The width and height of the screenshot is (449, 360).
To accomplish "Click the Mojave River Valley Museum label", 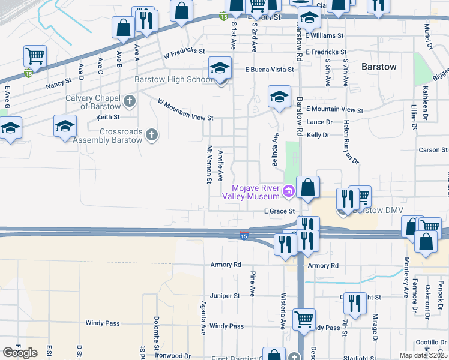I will click(251, 191).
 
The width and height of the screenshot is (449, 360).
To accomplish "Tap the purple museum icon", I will click(289, 192).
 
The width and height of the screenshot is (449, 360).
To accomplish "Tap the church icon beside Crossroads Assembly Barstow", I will click(152, 135).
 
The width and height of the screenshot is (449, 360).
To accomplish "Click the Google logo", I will click(20, 353).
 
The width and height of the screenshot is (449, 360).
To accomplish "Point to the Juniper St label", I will click(224, 295).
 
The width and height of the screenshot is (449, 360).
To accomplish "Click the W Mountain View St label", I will click(185, 110).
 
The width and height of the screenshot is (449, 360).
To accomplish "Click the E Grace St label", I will click(280, 211).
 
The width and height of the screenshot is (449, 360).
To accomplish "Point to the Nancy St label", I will click(58, 85).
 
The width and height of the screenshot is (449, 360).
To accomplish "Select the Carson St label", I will click(433, 149).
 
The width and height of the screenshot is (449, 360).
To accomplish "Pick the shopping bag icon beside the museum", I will click(308, 187).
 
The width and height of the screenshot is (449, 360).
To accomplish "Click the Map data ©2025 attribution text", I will click(423, 355).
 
